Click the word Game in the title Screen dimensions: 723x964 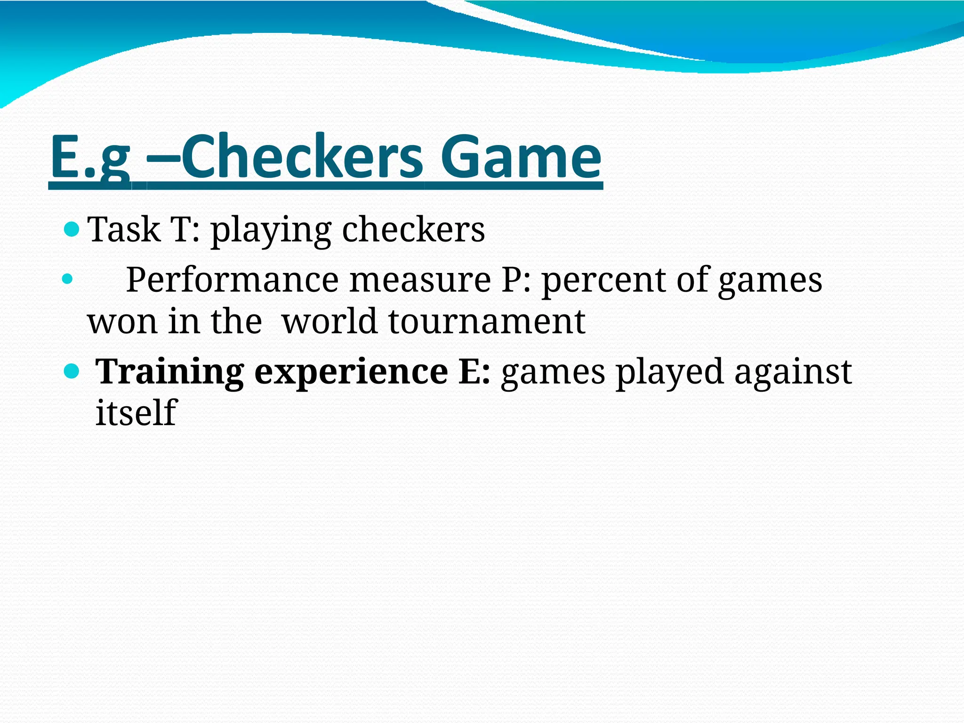point(521,157)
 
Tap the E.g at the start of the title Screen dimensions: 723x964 point(89,157)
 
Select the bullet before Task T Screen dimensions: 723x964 point(72,230)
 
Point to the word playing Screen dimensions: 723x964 point(271,231)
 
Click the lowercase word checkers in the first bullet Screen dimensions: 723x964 point(413,230)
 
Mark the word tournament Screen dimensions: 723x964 point(487,322)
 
